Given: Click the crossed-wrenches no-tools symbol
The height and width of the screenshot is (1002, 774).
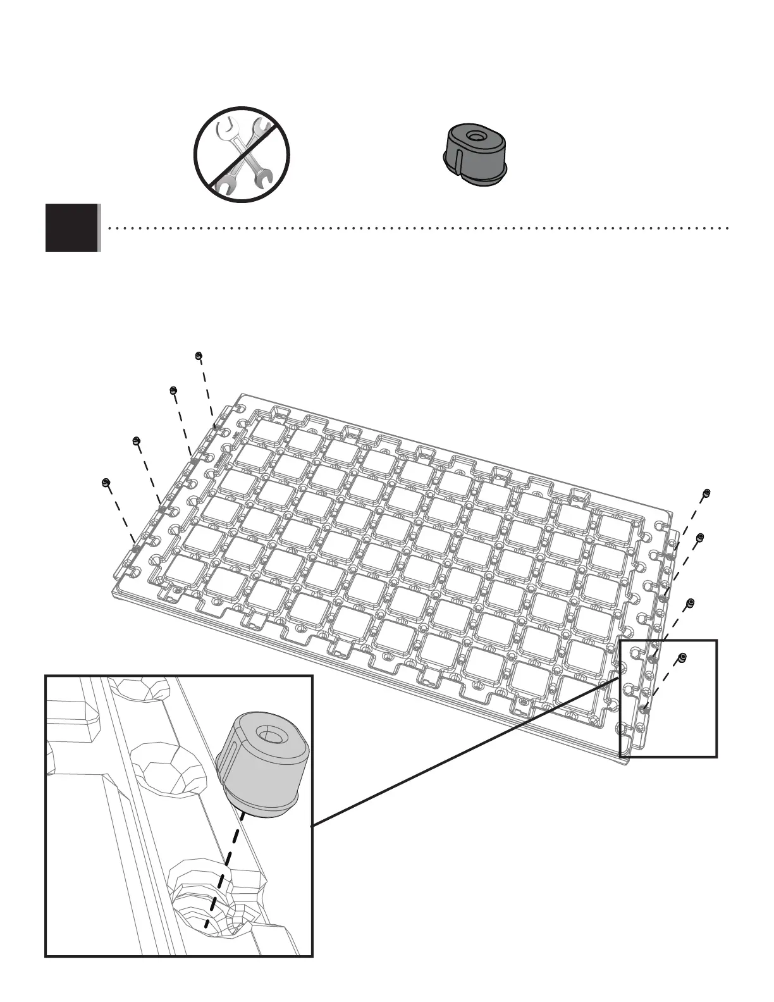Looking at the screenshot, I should [x=242, y=154].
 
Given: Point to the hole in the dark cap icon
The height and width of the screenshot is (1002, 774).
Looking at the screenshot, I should [x=474, y=136].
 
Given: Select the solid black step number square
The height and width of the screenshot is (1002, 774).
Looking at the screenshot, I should [x=72, y=228].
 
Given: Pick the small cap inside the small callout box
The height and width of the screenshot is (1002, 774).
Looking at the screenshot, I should [x=682, y=658].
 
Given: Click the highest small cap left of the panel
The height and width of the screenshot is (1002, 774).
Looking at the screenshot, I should [x=199, y=356].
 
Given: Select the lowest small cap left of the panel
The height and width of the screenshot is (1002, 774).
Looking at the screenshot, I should [x=106, y=483].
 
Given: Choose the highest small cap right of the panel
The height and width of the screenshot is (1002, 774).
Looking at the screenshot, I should [x=706, y=493].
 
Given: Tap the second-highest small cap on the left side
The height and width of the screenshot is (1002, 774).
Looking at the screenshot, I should [x=173, y=390].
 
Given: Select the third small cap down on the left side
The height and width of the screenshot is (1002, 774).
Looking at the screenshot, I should [x=136, y=440].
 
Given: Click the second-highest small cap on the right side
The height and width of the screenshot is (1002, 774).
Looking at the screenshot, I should [x=699, y=538].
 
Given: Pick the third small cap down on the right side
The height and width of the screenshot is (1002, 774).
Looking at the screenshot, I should [x=691, y=603].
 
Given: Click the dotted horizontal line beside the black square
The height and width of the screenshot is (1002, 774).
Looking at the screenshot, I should [x=417, y=228].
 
